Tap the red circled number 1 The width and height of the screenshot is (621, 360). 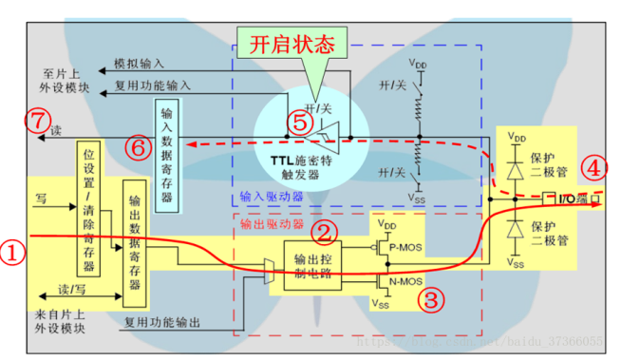coord(12,251)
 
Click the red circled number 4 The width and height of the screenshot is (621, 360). coord(595,169)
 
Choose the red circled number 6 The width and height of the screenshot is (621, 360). coord(138,147)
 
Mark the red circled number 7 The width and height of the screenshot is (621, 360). coord(36,121)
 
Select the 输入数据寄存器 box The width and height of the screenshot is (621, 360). coord(167,149)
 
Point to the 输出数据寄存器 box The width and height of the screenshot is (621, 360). coord(134,242)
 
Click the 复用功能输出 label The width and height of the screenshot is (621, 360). coord(161,323)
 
